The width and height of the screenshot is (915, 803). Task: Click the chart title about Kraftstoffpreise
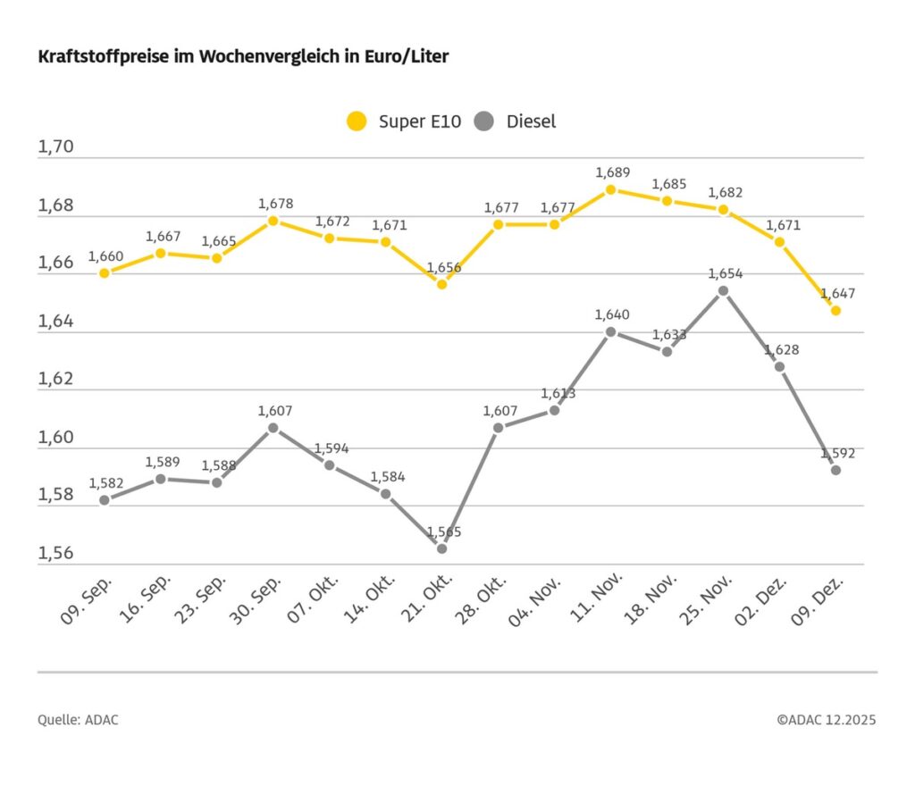243,57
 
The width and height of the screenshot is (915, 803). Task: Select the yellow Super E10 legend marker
357,121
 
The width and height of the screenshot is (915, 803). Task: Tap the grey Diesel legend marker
485,121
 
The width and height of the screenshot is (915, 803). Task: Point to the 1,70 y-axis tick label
55,147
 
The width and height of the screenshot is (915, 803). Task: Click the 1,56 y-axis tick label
55,554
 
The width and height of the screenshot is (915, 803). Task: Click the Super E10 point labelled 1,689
611,189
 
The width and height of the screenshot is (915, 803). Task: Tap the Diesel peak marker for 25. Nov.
723,290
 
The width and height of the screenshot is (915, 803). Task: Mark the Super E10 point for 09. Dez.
835,311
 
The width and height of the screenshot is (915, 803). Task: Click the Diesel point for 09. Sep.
105,500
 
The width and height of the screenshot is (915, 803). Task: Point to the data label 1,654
725,273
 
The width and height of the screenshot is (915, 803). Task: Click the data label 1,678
275,204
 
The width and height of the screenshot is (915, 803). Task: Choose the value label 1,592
837,453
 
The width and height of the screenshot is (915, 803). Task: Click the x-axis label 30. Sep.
257,600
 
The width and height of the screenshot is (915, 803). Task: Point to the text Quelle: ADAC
78,720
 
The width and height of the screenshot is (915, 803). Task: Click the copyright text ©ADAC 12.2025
826,720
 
